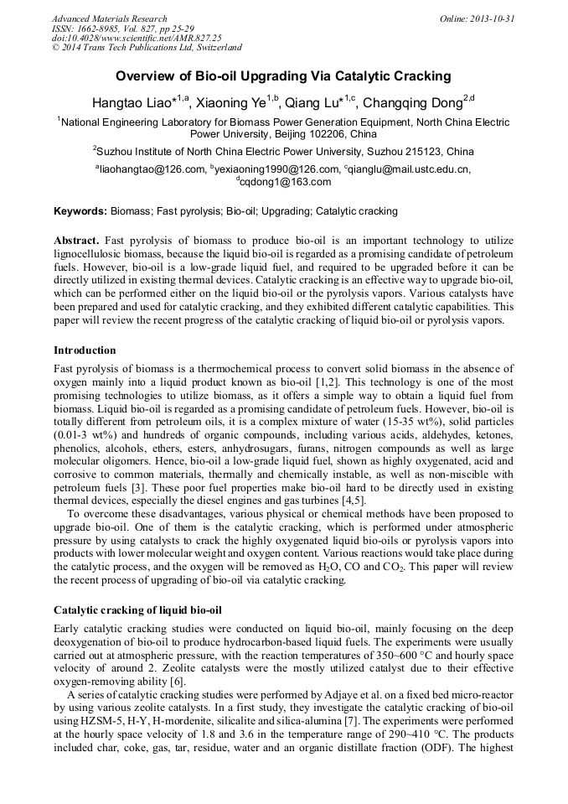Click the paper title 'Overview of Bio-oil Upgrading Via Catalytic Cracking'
[283, 76]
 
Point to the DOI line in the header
[136, 38]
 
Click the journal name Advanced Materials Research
[109, 18]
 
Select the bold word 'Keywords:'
[80, 211]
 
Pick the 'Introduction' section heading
[85, 350]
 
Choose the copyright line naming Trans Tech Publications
[147, 48]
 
